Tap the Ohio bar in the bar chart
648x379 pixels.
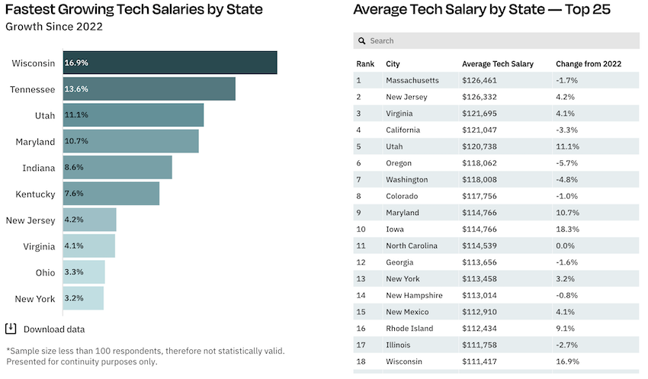[x=83, y=271]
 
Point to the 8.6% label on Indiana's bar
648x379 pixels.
[x=74, y=167]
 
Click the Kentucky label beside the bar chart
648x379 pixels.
[x=36, y=194]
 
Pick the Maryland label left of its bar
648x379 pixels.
[x=36, y=142]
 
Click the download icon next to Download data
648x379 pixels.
[x=11, y=329]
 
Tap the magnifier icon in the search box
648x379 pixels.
[x=362, y=40]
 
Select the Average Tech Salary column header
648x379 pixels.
[x=498, y=64]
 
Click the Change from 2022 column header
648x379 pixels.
[x=589, y=64]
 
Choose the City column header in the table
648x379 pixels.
[x=393, y=64]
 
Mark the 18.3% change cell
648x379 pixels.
[x=567, y=229]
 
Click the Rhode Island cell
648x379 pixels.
[x=409, y=328]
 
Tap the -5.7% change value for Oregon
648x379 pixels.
[x=567, y=162]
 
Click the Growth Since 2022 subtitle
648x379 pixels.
[x=54, y=27]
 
